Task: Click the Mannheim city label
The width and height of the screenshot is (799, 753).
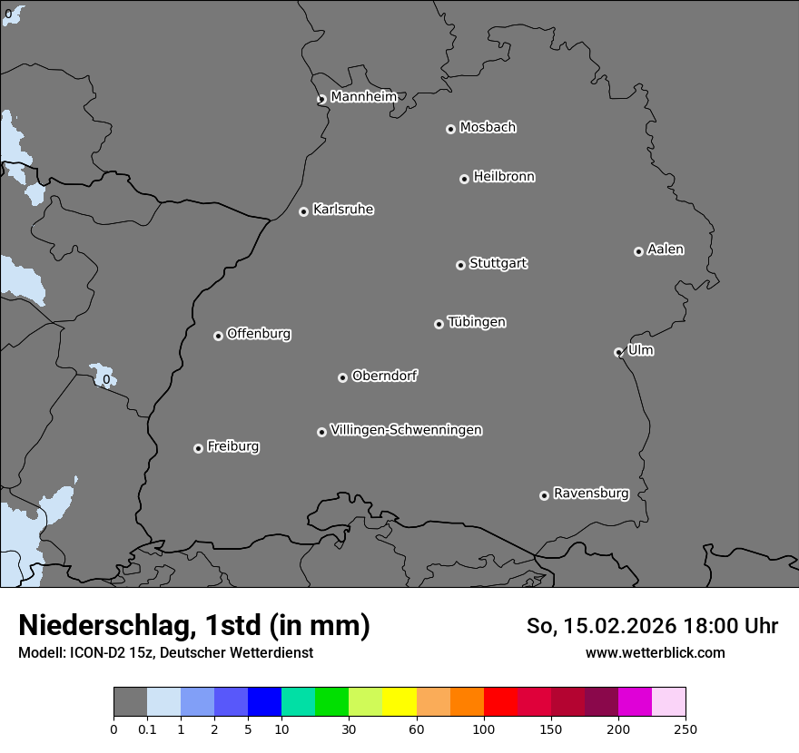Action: pos(363,97)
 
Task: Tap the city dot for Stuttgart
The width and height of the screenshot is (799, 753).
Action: pos(460,265)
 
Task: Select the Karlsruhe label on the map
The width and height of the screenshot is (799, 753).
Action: pos(343,210)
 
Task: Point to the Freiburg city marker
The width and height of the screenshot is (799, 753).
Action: pos(198,448)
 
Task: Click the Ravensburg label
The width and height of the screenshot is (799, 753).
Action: pos(591,494)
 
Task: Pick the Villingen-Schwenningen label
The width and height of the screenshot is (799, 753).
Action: pos(406,430)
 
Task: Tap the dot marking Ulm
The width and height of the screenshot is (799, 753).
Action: pos(618,352)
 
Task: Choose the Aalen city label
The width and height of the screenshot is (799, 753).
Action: pos(666,249)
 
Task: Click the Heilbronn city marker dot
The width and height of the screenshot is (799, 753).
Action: pos(464,179)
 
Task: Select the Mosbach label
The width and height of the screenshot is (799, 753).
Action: pos(488,128)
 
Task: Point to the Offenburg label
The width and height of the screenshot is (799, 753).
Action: pos(259,334)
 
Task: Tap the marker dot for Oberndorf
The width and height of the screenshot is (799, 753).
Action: pos(342,377)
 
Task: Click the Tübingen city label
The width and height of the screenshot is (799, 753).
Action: pos(477,322)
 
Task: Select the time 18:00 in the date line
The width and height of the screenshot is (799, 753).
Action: pos(716,626)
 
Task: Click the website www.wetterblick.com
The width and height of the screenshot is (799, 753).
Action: pos(655,652)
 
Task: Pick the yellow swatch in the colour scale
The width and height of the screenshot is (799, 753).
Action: pos(399,702)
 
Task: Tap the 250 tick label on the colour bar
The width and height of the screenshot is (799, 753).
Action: pos(686,729)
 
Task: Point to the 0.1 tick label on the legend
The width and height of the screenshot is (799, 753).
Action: pos(147,729)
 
